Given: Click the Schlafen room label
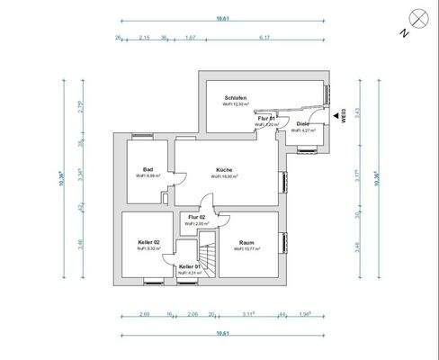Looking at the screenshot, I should [x=237, y=97].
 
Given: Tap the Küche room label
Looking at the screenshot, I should [x=225, y=169].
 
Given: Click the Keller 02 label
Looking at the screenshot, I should [x=149, y=241].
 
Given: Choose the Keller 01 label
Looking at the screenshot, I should [x=188, y=266].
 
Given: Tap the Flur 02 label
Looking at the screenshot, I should [x=196, y=218].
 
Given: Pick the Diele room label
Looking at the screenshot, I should [x=302, y=123].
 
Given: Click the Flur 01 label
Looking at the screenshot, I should [x=265, y=118].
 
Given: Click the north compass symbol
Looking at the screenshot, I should [x=417, y=17].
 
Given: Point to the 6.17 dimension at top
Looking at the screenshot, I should [x=264, y=38].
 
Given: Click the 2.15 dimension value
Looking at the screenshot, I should [x=145, y=38].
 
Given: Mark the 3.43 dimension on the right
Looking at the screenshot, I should [x=358, y=112].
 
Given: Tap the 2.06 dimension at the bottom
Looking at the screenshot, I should [x=192, y=314].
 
